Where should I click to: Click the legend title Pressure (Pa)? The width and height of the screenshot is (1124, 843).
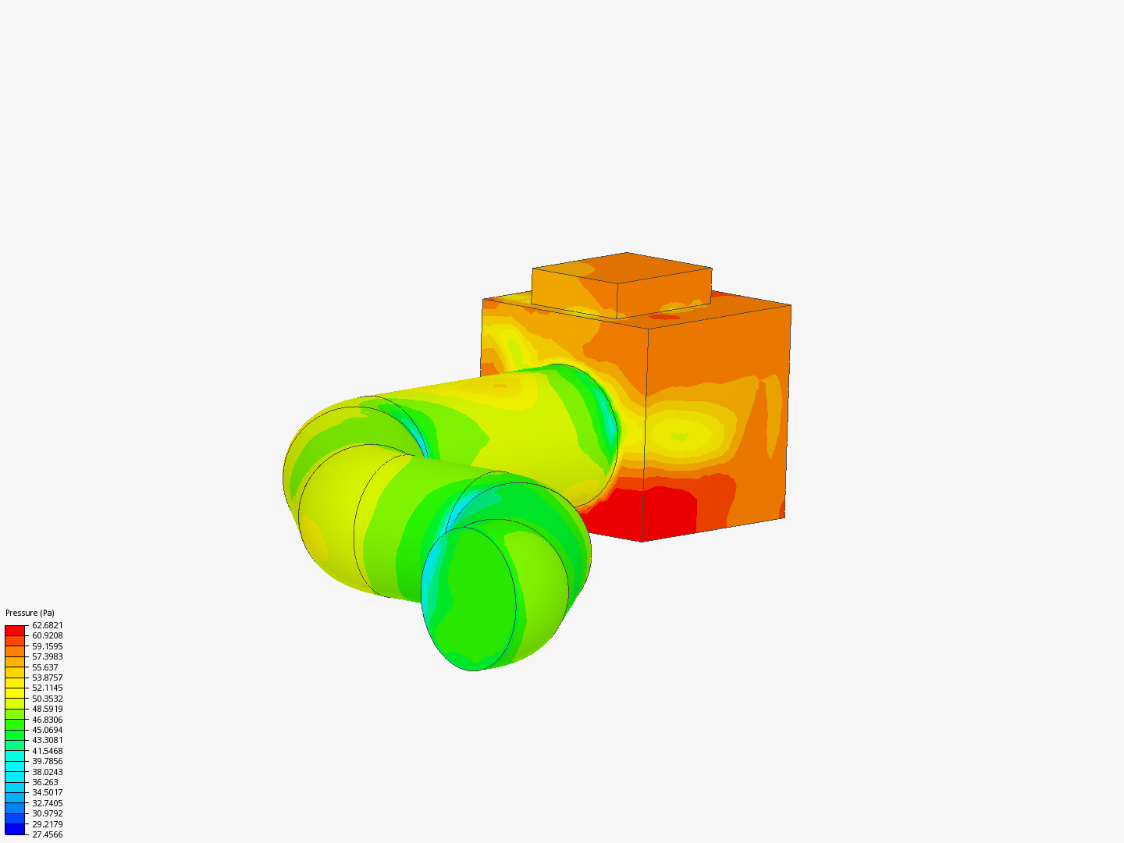coord(30,613)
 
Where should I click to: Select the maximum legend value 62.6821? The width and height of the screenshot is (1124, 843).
coord(47,625)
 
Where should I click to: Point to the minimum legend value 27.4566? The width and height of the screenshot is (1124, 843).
coord(47,834)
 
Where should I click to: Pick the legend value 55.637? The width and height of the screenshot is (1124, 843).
coord(45,667)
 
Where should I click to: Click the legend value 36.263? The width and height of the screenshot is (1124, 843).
coord(45,782)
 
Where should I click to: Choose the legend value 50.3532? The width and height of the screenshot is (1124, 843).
coord(47,699)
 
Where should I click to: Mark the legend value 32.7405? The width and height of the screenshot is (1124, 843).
coord(47,803)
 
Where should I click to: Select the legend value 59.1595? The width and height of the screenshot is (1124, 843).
coord(47,646)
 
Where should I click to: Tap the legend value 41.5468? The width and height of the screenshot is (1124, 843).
coord(47,751)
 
